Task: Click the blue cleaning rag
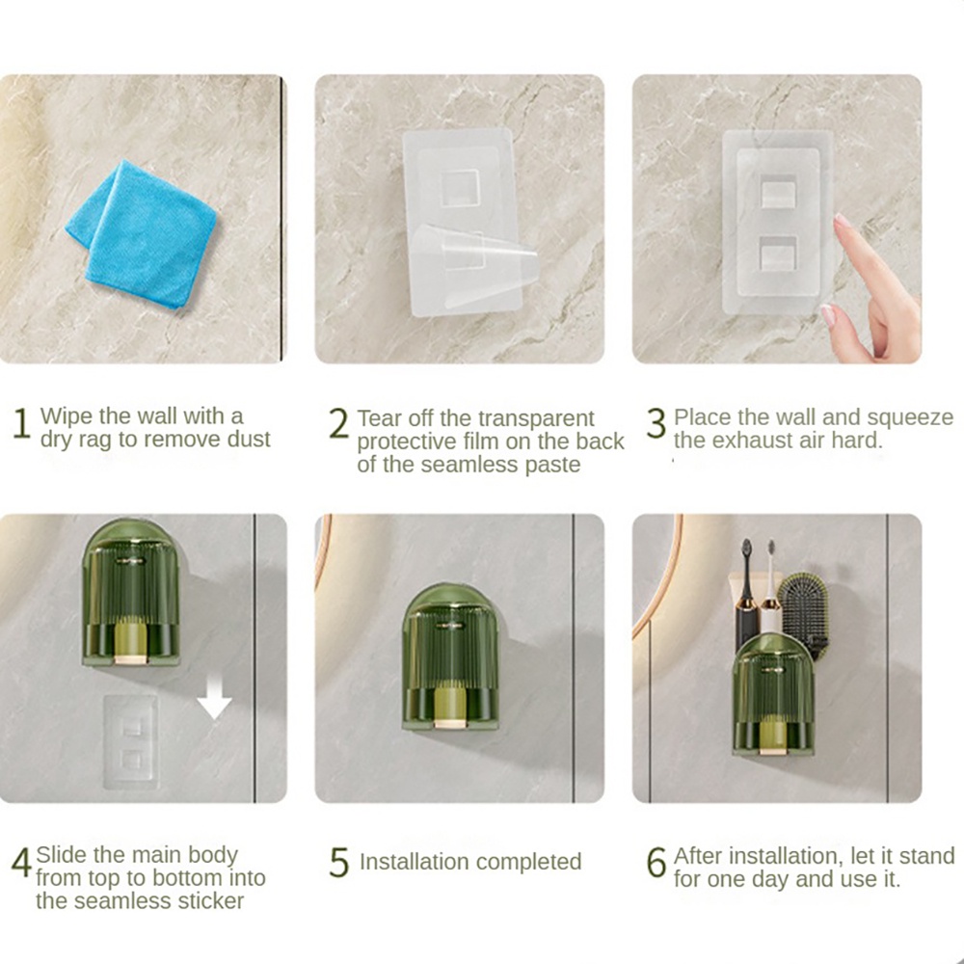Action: coord(142,233)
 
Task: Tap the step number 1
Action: coord(21,423)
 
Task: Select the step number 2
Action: coord(338,423)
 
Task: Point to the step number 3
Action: coord(656,423)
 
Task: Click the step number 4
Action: coord(21,863)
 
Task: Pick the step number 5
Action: coord(338,863)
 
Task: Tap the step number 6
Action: coord(656,863)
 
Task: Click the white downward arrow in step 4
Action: coord(214,695)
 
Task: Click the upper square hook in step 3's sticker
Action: coord(779,191)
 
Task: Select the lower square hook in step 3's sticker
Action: coord(779,252)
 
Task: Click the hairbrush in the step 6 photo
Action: coord(803,615)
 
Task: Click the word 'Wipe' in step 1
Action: coord(67,416)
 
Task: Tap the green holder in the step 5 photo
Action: coord(450,657)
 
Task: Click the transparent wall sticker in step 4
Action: coord(130,741)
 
